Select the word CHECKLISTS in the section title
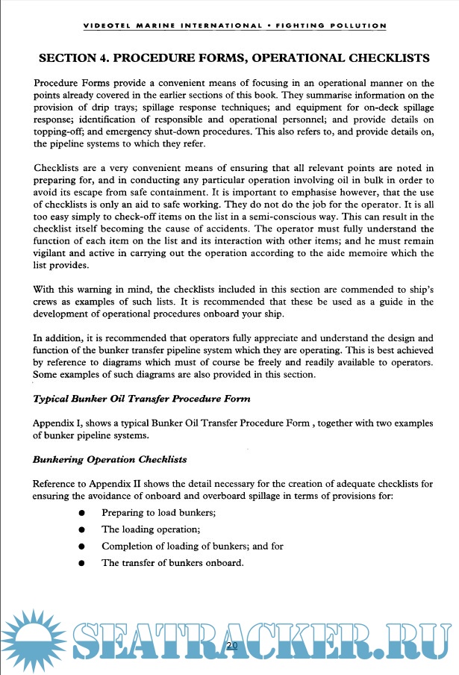[x=380, y=57]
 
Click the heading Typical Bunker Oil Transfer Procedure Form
[x=142, y=400]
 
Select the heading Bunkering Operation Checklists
[x=110, y=458]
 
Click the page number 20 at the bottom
[x=231, y=645]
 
